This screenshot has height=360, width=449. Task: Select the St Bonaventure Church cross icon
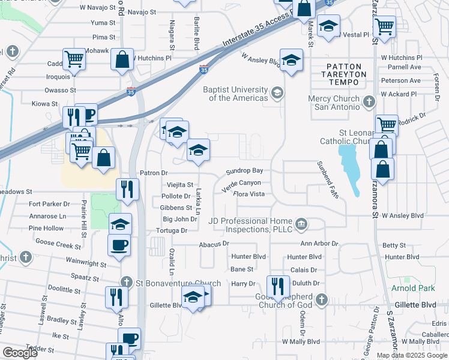coord(126,282)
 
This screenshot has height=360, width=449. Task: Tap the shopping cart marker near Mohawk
coord(74,59)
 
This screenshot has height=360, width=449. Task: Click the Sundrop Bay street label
coord(244,171)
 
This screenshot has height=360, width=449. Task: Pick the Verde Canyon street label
coord(241,183)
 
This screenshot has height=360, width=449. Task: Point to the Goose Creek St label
coord(58,246)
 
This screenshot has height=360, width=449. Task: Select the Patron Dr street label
coord(153,173)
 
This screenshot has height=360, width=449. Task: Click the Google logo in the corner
coord(20,353)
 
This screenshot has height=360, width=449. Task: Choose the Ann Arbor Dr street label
coord(319,244)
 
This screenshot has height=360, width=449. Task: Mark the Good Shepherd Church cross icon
coord(322,299)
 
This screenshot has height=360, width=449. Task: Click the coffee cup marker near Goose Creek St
coord(118,245)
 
